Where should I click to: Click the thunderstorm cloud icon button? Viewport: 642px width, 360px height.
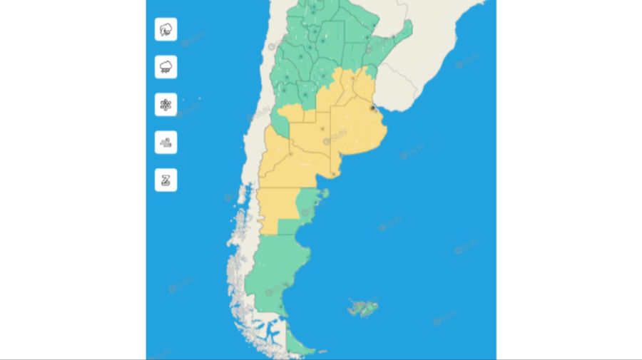165,29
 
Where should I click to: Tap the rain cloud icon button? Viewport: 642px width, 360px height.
165,67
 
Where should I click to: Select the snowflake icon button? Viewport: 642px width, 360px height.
165,105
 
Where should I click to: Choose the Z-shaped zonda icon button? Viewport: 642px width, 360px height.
165,180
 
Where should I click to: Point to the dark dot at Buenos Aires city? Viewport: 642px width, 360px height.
373,108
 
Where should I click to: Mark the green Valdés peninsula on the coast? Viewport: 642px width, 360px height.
319,194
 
